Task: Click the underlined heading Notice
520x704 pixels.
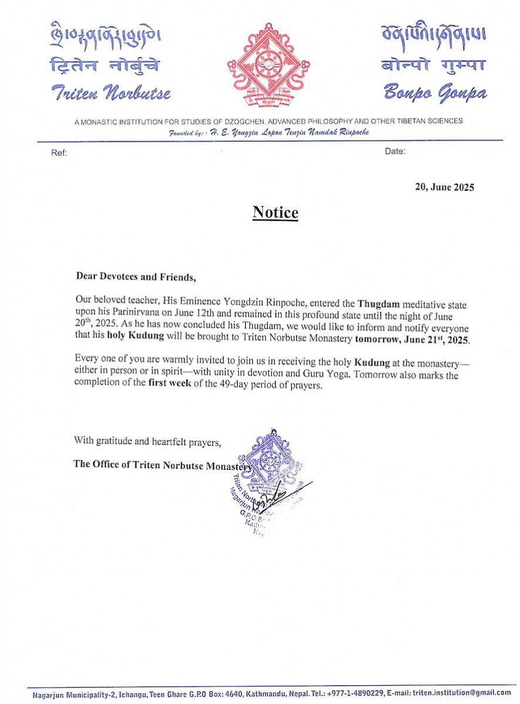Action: pyautogui.click(x=275, y=212)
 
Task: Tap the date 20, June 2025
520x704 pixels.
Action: pyautogui.click(x=444, y=188)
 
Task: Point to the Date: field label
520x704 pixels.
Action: pyautogui.click(x=395, y=151)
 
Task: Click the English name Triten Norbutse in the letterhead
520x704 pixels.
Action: pyautogui.click(x=111, y=93)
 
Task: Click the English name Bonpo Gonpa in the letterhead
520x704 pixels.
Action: pyautogui.click(x=434, y=92)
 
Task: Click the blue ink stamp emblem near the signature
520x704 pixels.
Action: pyautogui.click(x=271, y=458)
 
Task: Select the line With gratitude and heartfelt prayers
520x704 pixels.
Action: pyautogui.click(x=147, y=441)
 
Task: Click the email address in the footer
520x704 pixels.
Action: pyautogui.click(x=461, y=692)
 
